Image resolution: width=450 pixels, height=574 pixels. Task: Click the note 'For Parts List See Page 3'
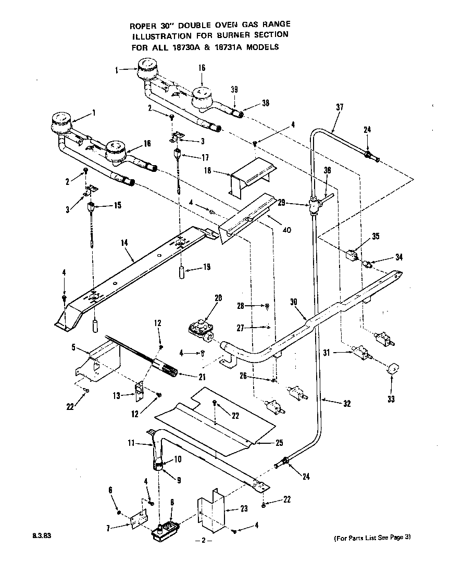pyautogui.click(x=372, y=538)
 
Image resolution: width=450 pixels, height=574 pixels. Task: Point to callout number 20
pyautogui.click(x=218, y=298)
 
